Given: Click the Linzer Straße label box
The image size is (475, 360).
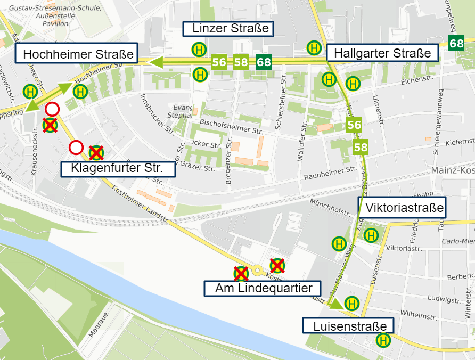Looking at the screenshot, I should point(228,29).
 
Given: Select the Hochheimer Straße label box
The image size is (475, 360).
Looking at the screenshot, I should point(78,54).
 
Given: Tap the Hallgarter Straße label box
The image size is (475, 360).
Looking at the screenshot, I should point(382,53).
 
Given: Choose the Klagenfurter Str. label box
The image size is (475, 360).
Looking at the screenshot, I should point(117,169).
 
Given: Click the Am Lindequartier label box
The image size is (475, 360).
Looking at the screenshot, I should point(263,289).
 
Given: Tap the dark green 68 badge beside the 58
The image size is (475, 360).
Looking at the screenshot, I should point(264,62).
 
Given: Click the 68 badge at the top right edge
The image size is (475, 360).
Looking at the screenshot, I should point(456,44).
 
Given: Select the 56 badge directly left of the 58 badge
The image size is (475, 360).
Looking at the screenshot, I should point(219,62).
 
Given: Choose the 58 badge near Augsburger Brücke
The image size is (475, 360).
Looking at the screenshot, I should point(361,147).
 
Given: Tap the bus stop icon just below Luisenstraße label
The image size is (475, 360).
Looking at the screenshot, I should point(382,340).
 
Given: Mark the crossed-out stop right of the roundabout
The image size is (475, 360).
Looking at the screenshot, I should point(277,265).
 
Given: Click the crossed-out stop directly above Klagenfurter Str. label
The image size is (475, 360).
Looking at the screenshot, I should point(96,153).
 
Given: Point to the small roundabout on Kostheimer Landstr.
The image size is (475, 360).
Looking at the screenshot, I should point(258,271).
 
